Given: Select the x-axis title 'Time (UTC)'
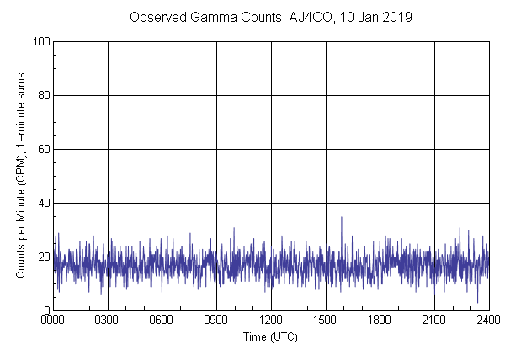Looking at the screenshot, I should (x=270, y=336).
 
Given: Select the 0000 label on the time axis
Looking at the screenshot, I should (x=53, y=321).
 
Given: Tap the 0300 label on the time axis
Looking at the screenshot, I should (x=108, y=321).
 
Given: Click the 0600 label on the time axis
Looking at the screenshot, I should (x=162, y=321).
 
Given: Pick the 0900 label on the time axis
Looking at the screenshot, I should (x=216, y=321).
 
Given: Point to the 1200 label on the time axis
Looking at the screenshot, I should (x=271, y=321).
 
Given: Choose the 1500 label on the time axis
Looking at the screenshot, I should (x=326, y=321).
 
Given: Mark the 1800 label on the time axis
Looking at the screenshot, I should (x=380, y=321).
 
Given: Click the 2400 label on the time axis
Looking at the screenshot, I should (x=488, y=321).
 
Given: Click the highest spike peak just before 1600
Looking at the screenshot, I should (x=341, y=217).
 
